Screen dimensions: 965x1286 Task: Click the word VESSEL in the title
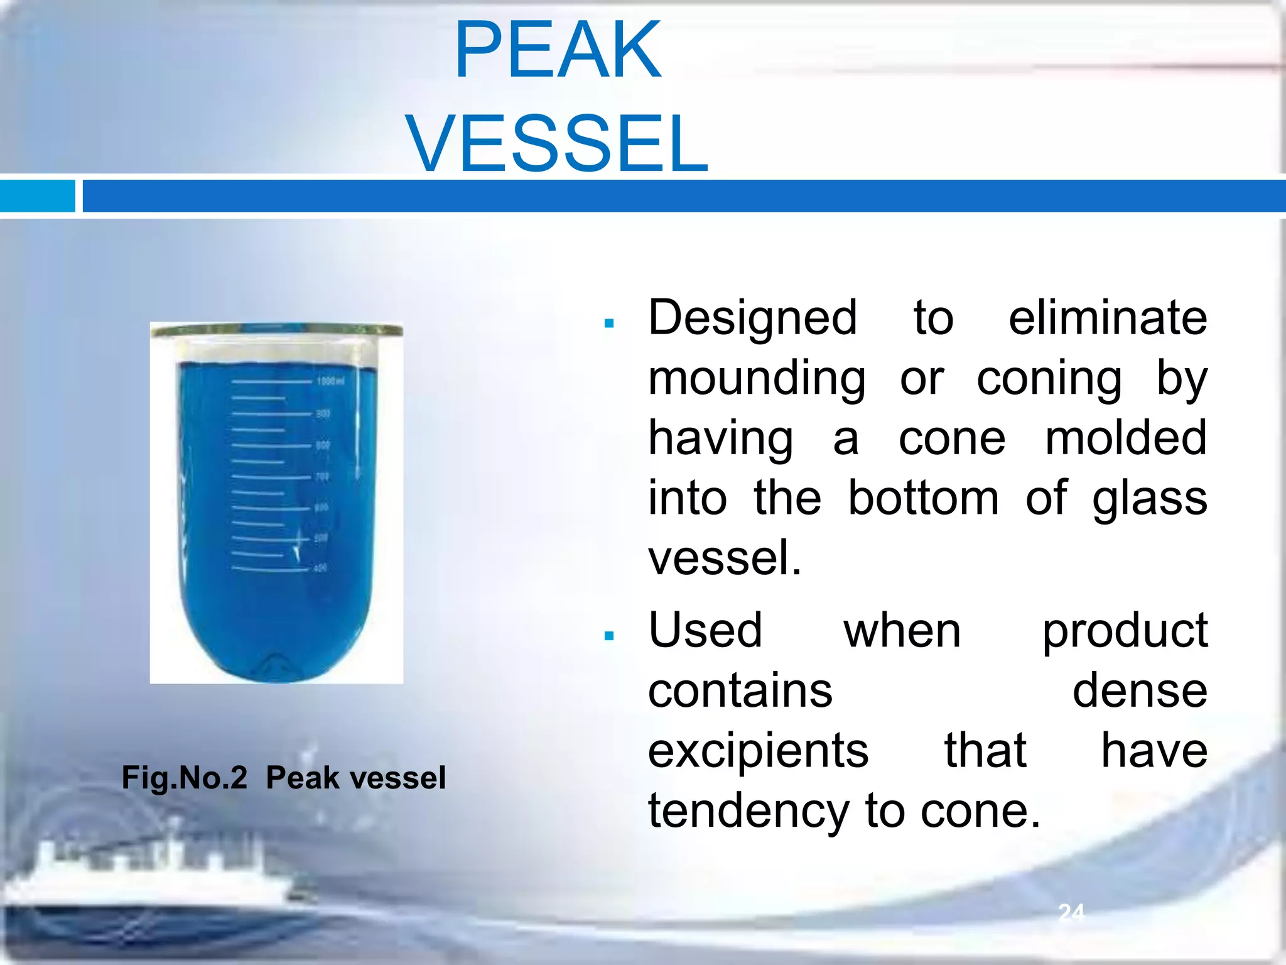(x=558, y=143)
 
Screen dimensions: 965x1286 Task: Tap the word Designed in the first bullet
(x=752, y=319)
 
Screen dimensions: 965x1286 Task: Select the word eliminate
(x=1107, y=319)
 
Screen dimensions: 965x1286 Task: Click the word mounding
(x=757, y=379)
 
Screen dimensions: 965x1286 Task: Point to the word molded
(x=1125, y=439)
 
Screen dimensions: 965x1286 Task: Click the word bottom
(x=923, y=498)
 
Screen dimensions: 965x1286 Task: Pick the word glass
(x=1149, y=498)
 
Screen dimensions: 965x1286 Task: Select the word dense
(x=1139, y=690)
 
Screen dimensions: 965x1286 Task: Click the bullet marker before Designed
(x=608, y=324)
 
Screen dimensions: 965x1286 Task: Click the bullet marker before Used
(x=608, y=636)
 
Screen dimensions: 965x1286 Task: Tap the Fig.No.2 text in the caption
(x=185, y=778)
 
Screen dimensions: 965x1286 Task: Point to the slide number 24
(x=1071, y=912)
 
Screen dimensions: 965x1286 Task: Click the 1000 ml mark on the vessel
(x=329, y=381)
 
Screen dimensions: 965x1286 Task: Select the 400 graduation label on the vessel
(x=320, y=569)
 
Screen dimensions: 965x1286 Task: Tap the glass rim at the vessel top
(x=276, y=330)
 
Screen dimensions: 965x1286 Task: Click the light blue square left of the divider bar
(x=37, y=196)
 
